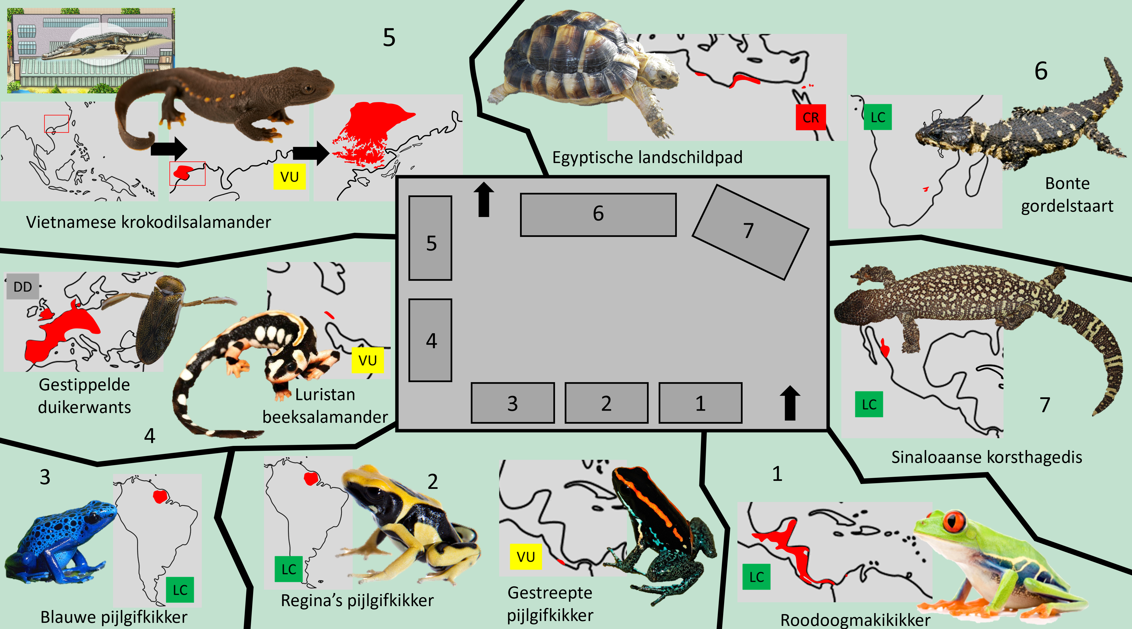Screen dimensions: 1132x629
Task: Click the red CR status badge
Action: point(810,117)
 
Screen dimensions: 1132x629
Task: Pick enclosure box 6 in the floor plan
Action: point(598,214)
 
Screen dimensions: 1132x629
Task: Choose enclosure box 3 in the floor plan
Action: point(512,403)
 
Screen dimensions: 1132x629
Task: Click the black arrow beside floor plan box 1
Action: point(790,403)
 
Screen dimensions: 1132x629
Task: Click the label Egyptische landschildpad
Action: point(647,157)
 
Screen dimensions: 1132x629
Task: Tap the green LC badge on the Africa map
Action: point(878,117)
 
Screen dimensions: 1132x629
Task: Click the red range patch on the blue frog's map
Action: point(160,496)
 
